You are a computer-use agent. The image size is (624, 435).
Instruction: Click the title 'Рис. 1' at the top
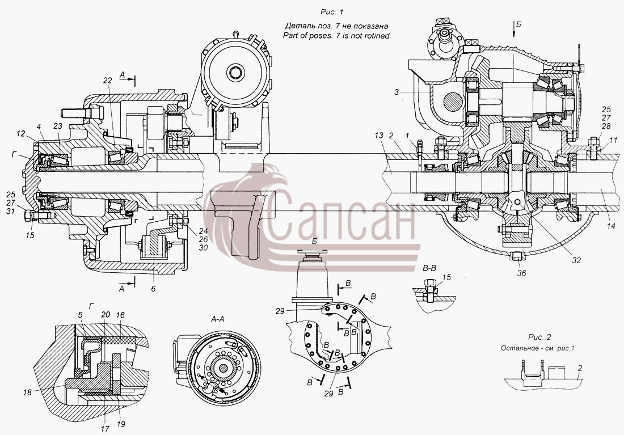[x=331, y=12]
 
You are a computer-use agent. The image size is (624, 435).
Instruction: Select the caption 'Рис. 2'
[x=539, y=337]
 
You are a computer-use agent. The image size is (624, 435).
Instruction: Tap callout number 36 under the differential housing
[x=521, y=273]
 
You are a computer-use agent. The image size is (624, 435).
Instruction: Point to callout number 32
[x=577, y=260]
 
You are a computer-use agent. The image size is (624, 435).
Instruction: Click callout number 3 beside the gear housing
[x=397, y=92]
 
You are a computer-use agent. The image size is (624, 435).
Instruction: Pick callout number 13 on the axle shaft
[x=378, y=136]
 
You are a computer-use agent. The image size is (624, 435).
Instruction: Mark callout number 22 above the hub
[x=107, y=81]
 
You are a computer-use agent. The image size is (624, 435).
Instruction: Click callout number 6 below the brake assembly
[x=153, y=289]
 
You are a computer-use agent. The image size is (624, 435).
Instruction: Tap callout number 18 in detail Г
[x=27, y=392]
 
